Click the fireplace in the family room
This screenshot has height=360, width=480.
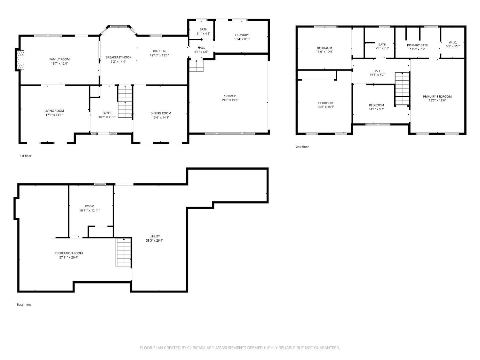(x=20, y=60)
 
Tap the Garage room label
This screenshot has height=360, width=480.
(x=230, y=96)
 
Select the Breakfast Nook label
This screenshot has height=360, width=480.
(x=118, y=58)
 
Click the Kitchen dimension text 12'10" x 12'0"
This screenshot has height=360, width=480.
(x=159, y=55)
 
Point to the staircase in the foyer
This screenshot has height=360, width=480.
(x=125, y=102)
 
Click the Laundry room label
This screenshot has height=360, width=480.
(x=242, y=35)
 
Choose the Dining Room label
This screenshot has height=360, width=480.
(x=161, y=113)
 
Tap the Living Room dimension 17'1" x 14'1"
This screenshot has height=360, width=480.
(x=54, y=115)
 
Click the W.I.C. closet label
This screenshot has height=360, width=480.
(x=452, y=42)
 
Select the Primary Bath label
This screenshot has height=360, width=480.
(x=417, y=45)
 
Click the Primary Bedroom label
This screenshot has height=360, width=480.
(x=437, y=97)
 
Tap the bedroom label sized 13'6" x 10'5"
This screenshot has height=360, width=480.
(x=324, y=48)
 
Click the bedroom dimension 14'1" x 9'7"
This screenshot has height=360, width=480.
(x=376, y=109)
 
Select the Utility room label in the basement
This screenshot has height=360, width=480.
(x=155, y=236)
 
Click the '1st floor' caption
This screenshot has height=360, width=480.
(x=26, y=156)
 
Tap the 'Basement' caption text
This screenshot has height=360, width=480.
(x=24, y=305)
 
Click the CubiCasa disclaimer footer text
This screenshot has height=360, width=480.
(x=240, y=348)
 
